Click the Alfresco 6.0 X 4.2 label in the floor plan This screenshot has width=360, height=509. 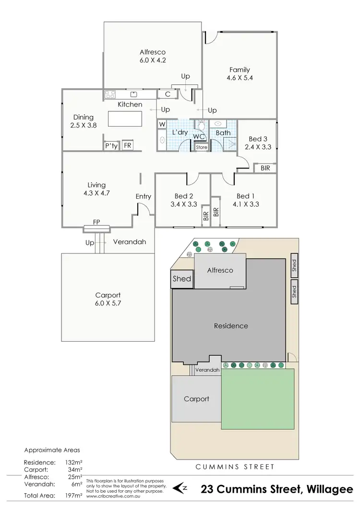pos(152,57)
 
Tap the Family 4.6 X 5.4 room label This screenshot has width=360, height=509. pos(239,74)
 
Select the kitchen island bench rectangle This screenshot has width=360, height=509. pos(125,118)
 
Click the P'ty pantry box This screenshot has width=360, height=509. pos(110,145)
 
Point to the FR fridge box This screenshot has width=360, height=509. pos(128,145)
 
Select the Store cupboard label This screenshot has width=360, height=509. pos(202,147)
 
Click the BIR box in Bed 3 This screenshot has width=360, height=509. pos(265,168)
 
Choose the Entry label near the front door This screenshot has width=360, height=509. pos(143,196)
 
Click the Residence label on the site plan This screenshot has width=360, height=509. pos(231,326)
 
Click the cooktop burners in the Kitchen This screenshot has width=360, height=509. pos(110,95)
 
